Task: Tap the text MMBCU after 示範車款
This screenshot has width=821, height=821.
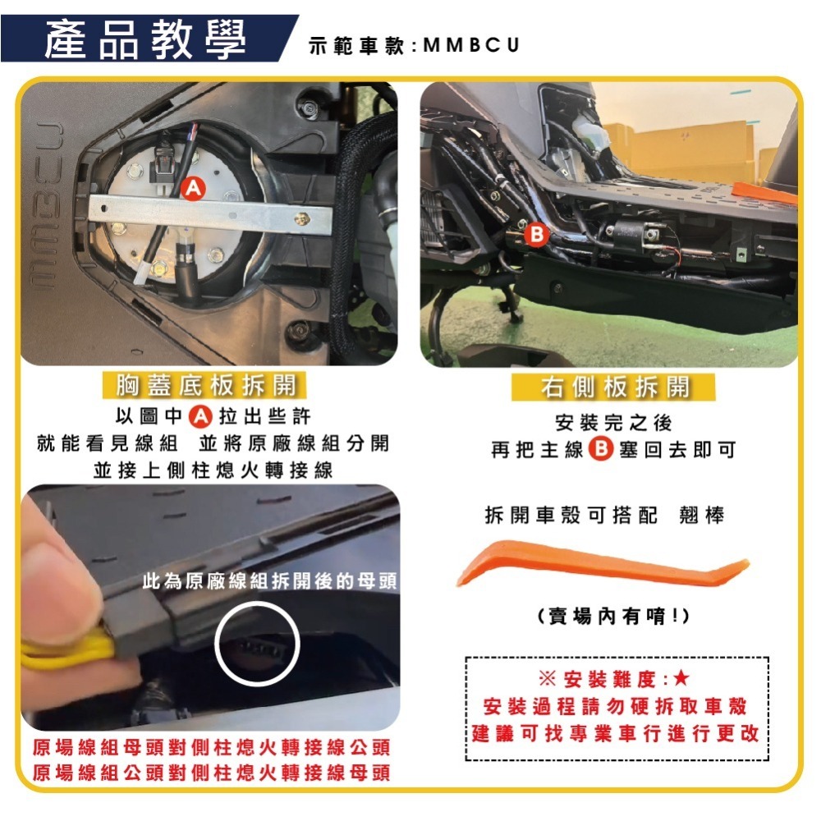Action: (473, 44)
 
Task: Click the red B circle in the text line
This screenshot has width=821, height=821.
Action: (602, 450)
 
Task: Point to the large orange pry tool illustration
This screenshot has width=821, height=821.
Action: (603, 566)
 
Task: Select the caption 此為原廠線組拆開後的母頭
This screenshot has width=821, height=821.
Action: (269, 581)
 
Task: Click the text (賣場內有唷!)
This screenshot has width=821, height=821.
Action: (612, 616)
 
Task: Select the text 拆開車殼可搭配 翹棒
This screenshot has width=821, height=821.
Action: (605, 515)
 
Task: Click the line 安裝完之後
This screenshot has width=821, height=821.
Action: (613, 423)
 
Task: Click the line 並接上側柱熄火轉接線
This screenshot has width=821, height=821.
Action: (213, 470)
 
